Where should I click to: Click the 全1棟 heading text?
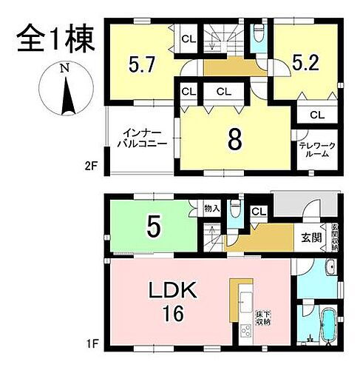tap(56, 36)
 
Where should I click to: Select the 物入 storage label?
tap(211, 209)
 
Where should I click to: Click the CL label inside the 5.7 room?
tap(188, 38)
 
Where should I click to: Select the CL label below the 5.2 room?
tap(317, 115)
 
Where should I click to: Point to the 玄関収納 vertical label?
tap(335, 238)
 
